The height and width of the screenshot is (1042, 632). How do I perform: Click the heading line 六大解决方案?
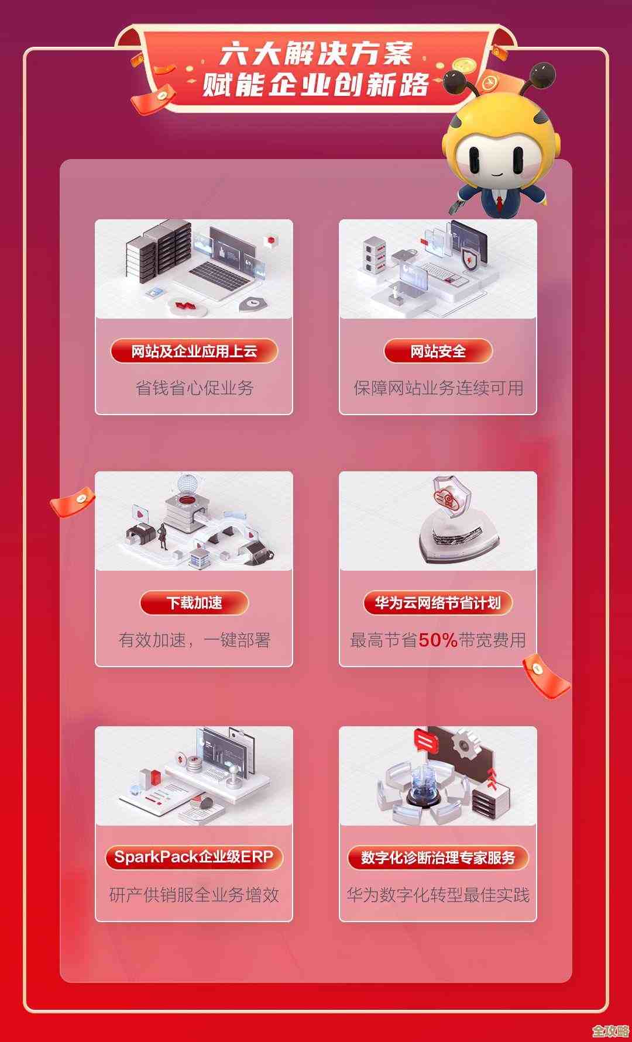coord(316,54)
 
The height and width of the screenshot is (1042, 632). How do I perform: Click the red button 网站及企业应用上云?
coord(194,351)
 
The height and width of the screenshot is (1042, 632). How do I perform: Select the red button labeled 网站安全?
coord(438,351)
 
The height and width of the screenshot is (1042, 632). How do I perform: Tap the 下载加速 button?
coord(194,603)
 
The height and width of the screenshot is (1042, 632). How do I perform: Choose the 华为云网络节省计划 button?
coord(438,603)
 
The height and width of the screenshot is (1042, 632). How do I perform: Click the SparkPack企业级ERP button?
coord(194,857)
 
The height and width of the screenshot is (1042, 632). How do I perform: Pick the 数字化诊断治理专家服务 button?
coord(438,858)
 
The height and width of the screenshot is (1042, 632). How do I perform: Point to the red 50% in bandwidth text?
coord(438,640)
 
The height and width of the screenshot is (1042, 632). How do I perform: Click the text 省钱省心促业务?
coord(194,388)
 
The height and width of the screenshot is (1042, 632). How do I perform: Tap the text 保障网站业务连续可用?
coord(438,388)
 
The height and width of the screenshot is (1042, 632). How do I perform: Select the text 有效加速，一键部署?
coord(194,640)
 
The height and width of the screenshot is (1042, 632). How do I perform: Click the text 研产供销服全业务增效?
coord(194,895)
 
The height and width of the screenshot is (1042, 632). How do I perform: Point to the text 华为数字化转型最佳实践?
coord(438,895)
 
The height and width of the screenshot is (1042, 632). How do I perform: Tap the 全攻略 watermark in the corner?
coord(610,1030)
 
